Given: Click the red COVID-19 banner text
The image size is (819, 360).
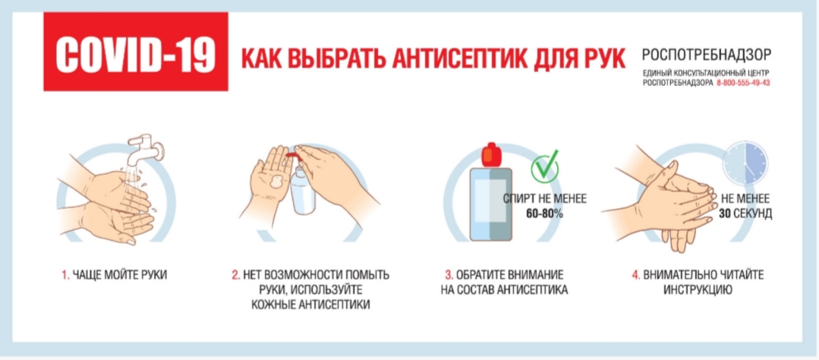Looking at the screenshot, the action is (136, 52).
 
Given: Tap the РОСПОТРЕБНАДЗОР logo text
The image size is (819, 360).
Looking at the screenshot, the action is (707, 54).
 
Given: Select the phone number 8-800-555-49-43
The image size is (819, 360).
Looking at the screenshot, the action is (744, 83).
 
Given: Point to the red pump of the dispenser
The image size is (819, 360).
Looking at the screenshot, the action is (294, 153).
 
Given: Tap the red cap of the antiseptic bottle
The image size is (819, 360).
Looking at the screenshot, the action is (490, 153).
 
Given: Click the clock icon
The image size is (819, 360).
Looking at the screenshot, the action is (745, 163).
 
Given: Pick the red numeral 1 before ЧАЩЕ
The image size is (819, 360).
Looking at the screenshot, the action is (65, 274).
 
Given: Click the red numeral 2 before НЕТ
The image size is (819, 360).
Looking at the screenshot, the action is (235, 274).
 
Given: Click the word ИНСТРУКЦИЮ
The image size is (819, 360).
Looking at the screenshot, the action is (698, 289).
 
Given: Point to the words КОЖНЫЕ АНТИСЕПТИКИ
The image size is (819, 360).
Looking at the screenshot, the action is (310, 304).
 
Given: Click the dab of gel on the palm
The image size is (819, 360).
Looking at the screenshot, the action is (277, 183).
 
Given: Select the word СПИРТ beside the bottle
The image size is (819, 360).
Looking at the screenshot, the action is (518, 198).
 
